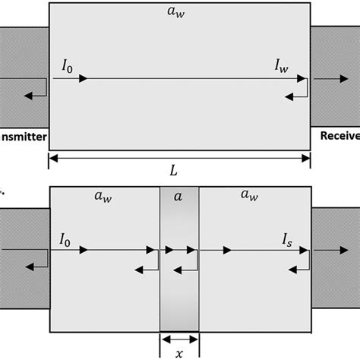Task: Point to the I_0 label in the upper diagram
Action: [x=67, y=66]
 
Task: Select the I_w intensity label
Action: [x=282, y=66]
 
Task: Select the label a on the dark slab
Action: [x=178, y=196]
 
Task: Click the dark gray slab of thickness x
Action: [x=178, y=289]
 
